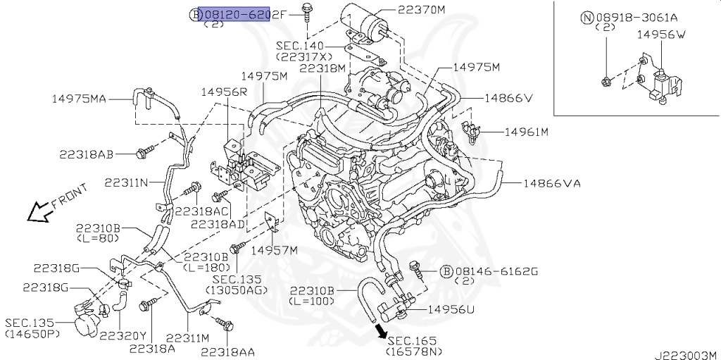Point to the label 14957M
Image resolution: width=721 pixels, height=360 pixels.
point(275,250)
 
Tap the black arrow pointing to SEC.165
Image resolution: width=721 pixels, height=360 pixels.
point(381,330)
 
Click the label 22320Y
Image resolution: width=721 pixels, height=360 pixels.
point(123,335)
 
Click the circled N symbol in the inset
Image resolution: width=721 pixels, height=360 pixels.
point(586,17)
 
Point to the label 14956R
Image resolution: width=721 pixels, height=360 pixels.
point(224,92)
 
